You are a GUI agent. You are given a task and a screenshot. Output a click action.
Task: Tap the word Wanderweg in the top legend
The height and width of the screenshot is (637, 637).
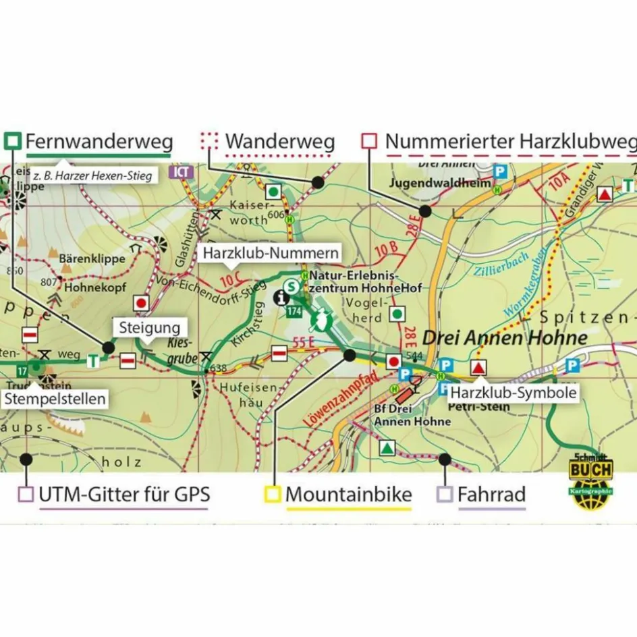(x=279, y=142)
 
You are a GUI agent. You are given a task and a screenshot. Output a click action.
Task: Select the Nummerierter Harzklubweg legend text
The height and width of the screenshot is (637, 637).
(x=510, y=142)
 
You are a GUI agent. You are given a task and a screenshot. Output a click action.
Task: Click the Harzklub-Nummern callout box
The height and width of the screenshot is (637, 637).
(x=270, y=254)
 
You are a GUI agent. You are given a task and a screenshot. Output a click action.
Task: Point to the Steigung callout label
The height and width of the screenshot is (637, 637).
(x=148, y=329)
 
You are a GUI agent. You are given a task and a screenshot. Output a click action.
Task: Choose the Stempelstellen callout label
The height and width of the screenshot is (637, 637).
(x=55, y=399)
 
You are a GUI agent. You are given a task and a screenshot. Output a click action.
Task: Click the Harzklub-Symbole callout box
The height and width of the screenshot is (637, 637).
(x=513, y=392)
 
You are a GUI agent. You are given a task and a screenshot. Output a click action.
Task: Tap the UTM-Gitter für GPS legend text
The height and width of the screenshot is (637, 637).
(x=124, y=495)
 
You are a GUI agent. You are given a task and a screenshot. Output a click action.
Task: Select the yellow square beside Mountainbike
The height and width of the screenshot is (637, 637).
(x=273, y=495)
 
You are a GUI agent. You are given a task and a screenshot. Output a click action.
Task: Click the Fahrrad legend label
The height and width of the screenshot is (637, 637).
(x=491, y=495)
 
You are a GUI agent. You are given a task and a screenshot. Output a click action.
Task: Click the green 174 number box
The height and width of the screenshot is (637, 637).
(x=293, y=311)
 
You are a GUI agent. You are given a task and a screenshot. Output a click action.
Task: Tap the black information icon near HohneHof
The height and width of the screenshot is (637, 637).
(x=280, y=296)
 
